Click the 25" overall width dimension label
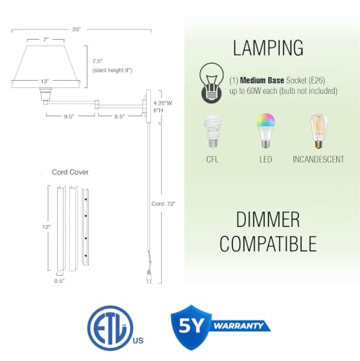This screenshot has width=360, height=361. point(77,30)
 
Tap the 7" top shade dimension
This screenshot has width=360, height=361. point(46,40)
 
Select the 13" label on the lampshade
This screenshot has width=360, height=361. point(45,82)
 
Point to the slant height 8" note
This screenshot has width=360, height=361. point(112,70)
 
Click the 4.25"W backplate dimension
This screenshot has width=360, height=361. point(163,103)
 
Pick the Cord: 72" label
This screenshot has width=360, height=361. point(163,204)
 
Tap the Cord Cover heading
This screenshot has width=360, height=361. point(70,172)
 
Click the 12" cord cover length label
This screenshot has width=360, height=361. point(46,227)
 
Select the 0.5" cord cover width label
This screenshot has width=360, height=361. point(59,281)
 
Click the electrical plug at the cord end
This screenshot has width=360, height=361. point(149,277)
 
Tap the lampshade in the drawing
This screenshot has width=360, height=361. point(46,66)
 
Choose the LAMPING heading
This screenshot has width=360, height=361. point(268,48)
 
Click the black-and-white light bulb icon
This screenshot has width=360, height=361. point(212,83)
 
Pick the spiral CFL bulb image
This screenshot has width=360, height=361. point(213,131)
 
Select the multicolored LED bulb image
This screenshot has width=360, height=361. point(266,130)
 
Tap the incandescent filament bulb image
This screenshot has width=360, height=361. point(319,131)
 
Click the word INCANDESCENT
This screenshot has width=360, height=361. point(318,160)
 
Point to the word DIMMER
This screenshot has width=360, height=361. point(268,219)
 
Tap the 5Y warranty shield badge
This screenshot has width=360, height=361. point(220,327)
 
